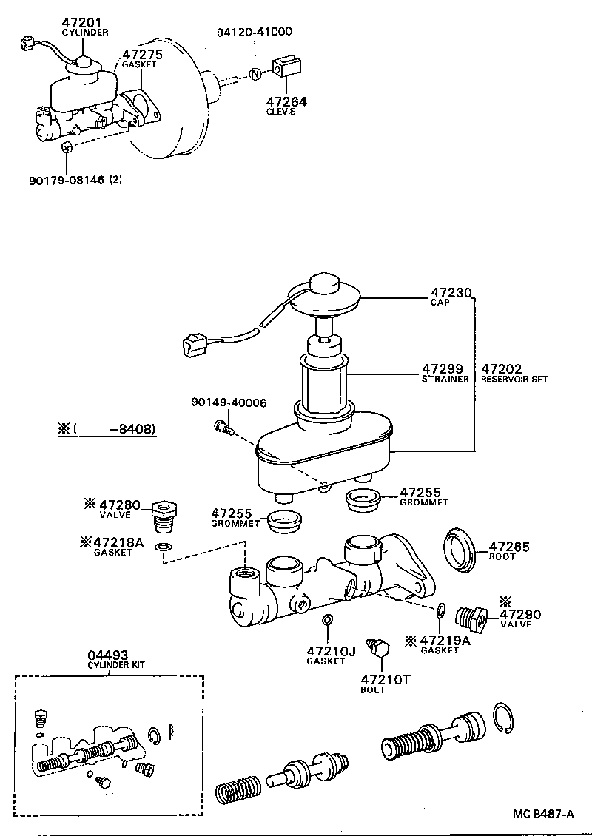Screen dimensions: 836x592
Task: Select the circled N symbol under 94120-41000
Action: click(x=254, y=73)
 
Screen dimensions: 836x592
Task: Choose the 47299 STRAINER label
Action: click(x=443, y=368)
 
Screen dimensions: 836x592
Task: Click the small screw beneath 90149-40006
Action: click(x=223, y=426)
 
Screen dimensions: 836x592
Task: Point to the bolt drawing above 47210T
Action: click(x=380, y=647)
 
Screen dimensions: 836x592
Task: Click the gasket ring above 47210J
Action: click(x=327, y=619)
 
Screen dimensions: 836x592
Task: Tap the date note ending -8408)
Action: click(x=107, y=429)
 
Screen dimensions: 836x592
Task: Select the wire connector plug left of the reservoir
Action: click(x=194, y=343)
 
